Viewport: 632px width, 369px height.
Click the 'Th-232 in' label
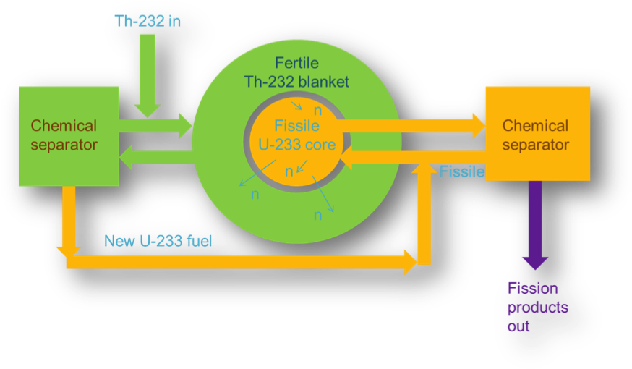(148, 20)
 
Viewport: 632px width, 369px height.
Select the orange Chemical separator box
(535, 135)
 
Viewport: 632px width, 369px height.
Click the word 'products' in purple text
(537, 307)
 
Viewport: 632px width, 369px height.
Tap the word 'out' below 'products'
(518, 326)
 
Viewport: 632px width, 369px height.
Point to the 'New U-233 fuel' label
(158, 242)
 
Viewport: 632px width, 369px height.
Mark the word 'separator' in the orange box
(536, 145)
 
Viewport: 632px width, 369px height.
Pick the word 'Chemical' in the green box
(64, 126)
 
